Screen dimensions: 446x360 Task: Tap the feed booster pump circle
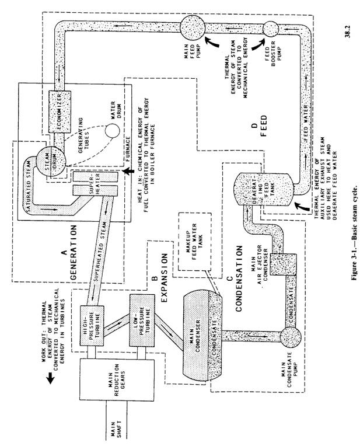(271, 29)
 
